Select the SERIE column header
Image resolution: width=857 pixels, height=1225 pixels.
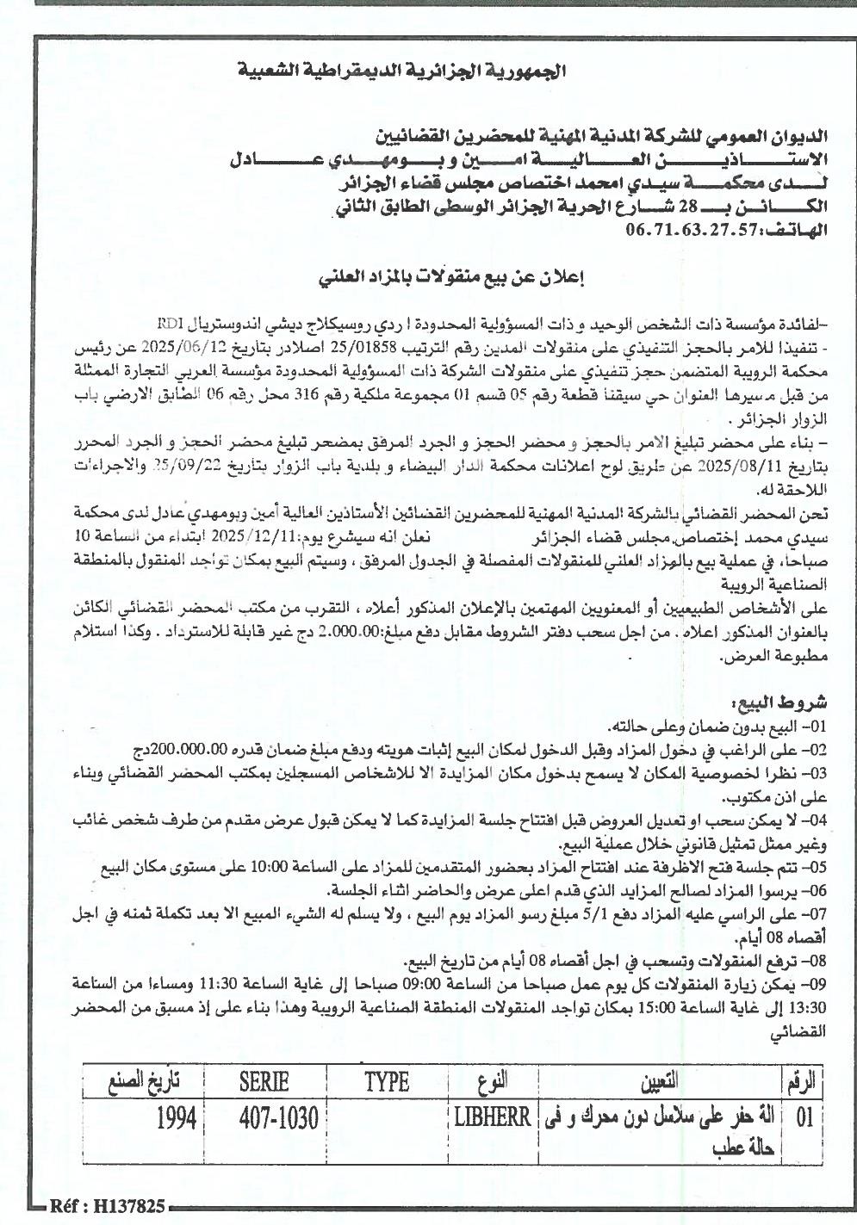(264, 1080)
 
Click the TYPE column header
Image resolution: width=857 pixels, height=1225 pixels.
(387, 1080)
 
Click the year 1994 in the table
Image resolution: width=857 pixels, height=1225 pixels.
(177, 1118)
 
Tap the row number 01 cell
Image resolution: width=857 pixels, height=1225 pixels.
(805, 1118)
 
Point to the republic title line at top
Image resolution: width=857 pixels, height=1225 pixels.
(404, 71)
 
